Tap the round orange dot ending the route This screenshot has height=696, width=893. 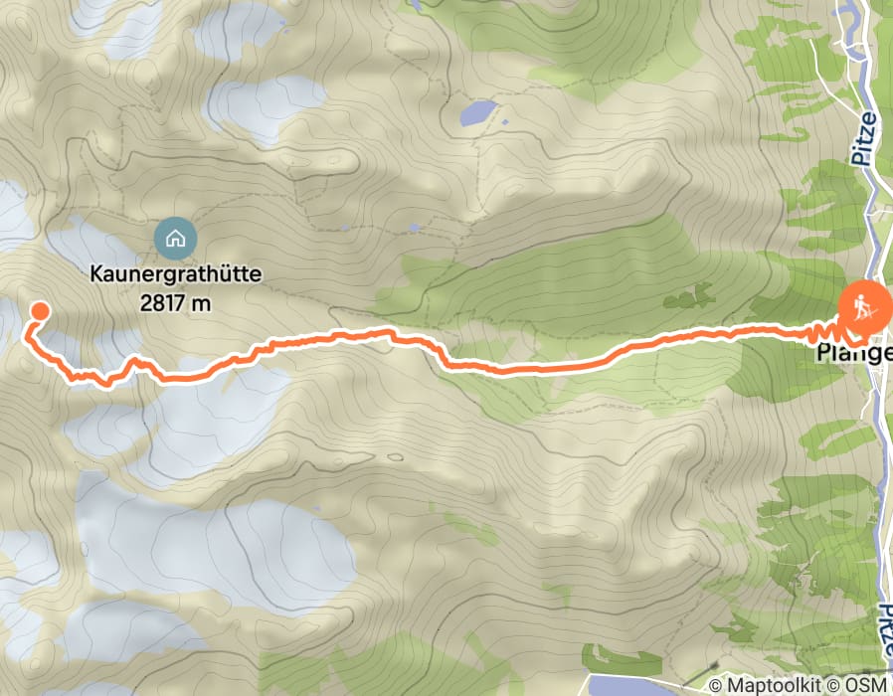(x=40, y=311)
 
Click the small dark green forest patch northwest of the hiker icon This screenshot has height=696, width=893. (x=702, y=295)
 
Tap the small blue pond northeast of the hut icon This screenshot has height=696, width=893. (x=412, y=228)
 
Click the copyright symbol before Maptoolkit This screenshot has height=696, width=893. (x=717, y=685)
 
